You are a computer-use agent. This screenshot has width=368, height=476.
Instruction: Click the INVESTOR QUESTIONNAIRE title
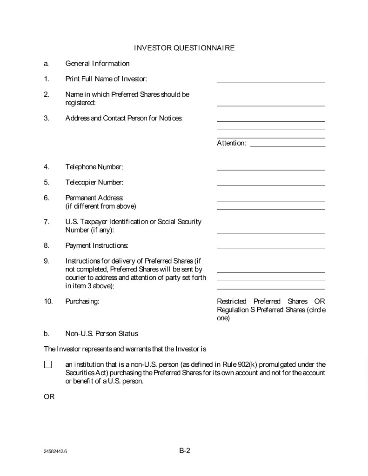pyautogui.click(x=184, y=48)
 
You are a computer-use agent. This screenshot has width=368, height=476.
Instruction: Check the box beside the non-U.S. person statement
pyautogui.click(x=48, y=364)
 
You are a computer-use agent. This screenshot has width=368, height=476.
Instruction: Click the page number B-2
pyautogui.click(x=185, y=450)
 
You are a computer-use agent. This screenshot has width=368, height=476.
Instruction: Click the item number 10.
pyautogui.click(x=48, y=302)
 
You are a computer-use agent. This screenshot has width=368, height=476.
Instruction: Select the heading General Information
pyautogui.click(x=97, y=63)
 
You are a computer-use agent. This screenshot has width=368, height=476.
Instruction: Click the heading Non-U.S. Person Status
pyautogui.click(x=101, y=333)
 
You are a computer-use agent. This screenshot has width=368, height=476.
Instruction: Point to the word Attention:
pyautogui.click(x=231, y=143)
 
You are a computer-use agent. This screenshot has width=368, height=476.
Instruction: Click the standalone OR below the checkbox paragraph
pyautogui.click(x=49, y=397)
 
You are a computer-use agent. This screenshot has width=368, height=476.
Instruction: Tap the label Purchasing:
pyautogui.click(x=82, y=302)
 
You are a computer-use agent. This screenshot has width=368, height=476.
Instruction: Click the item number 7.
pyautogui.click(x=47, y=222)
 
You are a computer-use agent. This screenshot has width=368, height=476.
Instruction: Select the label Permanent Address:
pyautogui.click(x=94, y=198)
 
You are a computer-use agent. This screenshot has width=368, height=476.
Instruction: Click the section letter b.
pyautogui.click(x=47, y=333)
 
